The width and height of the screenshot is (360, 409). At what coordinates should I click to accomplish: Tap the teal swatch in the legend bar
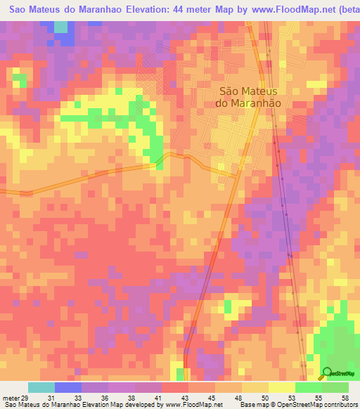point(41,387)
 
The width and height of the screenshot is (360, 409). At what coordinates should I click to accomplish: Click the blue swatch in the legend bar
point(68,387)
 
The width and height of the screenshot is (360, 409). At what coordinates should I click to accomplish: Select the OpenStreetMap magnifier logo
point(327,373)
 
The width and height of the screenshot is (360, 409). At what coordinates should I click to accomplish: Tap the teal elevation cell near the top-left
point(61,27)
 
